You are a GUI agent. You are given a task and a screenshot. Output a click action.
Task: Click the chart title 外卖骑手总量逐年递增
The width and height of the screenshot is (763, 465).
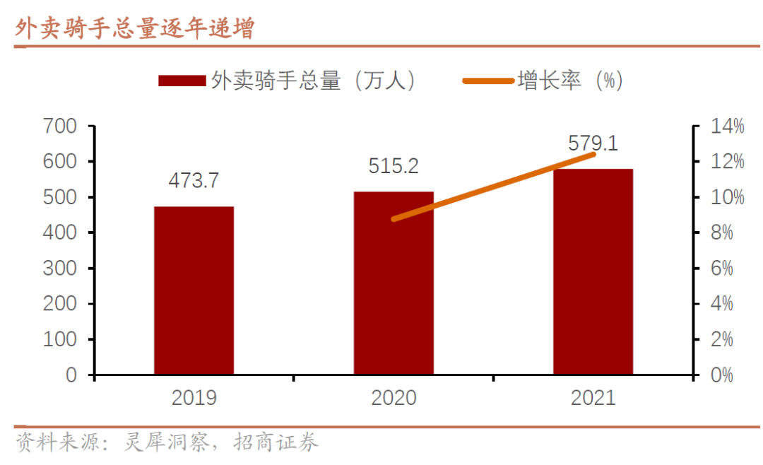coord(135,28)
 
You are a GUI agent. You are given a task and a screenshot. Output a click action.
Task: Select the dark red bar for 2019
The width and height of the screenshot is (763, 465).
coord(194,290)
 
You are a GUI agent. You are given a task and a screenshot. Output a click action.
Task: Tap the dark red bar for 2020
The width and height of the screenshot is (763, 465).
coord(394,283)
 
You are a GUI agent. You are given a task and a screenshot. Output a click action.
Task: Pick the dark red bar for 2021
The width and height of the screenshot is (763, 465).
coord(593,271)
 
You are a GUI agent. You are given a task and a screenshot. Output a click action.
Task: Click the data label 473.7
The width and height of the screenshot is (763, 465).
coord(194,180)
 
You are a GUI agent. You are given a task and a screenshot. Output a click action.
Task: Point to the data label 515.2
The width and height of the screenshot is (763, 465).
coord(394,166)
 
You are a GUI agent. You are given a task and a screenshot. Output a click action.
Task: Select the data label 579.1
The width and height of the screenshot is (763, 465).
coord(593,143)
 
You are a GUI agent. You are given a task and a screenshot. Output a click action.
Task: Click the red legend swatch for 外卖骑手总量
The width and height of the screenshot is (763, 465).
coord(182,81)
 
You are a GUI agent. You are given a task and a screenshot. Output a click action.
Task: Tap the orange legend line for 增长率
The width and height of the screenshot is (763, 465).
coord(487,81)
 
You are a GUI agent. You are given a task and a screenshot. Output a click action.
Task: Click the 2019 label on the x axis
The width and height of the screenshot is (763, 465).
coord(194,398)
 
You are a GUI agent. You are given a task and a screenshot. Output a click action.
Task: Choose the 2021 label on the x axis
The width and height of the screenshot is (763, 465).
coord(593,398)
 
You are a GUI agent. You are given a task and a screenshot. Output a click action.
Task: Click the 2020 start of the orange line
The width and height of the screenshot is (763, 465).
coord(394,219)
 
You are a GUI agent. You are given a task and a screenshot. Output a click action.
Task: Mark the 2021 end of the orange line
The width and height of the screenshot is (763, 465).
coord(593,153)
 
